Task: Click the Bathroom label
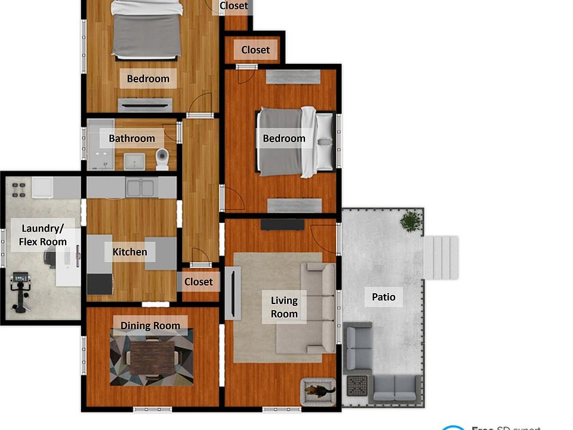point(132,139)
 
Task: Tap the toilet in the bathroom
point(162,159)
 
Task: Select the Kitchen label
point(130,252)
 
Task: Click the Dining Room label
point(150,325)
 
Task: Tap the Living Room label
point(284,307)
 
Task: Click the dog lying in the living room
point(319,391)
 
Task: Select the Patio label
point(383,297)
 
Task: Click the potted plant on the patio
point(411,222)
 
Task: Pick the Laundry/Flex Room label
point(43,235)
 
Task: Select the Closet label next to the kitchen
point(198,281)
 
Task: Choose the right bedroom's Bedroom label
point(284,139)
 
